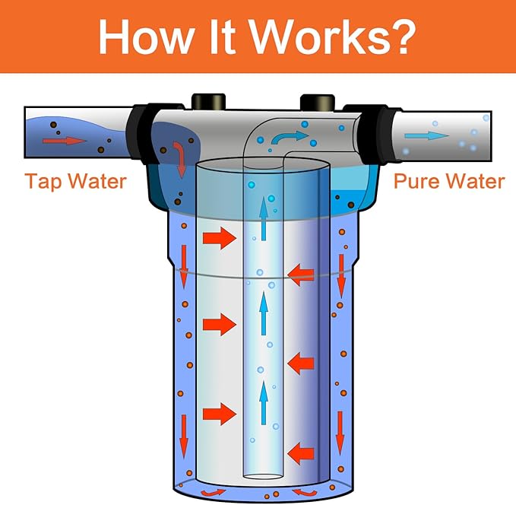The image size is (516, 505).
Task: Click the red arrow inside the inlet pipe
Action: pyautogui.click(x=65, y=141)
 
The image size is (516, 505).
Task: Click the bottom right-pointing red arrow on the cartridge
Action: pyautogui.click(x=220, y=414)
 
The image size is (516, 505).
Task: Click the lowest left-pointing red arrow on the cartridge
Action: pyautogui.click(x=302, y=452)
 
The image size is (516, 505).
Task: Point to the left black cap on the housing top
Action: pyautogui.click(x=206, y=101)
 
